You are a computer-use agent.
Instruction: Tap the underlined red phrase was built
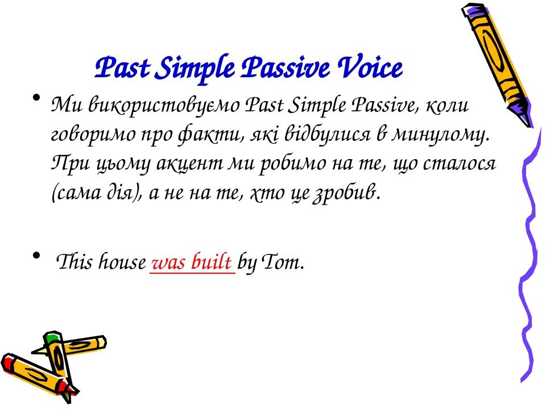coord(192,264)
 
